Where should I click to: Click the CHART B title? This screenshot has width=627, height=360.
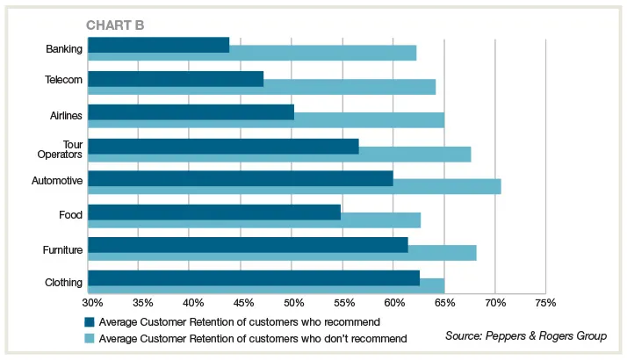coord(114,25)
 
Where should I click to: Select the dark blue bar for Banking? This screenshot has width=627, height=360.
coord(159,45)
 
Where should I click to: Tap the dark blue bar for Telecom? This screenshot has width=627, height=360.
coord(176,79)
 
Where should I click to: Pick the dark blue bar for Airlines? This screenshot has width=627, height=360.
coord(191,112)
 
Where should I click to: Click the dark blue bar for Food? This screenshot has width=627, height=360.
coord(214,212)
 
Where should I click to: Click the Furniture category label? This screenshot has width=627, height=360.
coord(62,250)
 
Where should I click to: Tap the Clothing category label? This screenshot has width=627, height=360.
coord(63,283)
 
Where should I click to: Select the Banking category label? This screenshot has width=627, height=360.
coord(63,49)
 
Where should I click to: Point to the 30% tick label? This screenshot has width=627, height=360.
coord(92,303)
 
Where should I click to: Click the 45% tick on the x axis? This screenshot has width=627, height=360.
coord(244,303)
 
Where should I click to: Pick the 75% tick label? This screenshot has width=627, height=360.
coord(545,303)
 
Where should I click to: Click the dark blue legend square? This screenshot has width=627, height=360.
coord(90,322)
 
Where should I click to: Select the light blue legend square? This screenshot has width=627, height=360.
coord(90,338)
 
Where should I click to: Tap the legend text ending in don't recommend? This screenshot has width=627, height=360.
coord(254,338)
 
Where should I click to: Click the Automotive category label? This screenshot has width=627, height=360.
coord(57,181)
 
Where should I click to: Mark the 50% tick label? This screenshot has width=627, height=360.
coord(293,303)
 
